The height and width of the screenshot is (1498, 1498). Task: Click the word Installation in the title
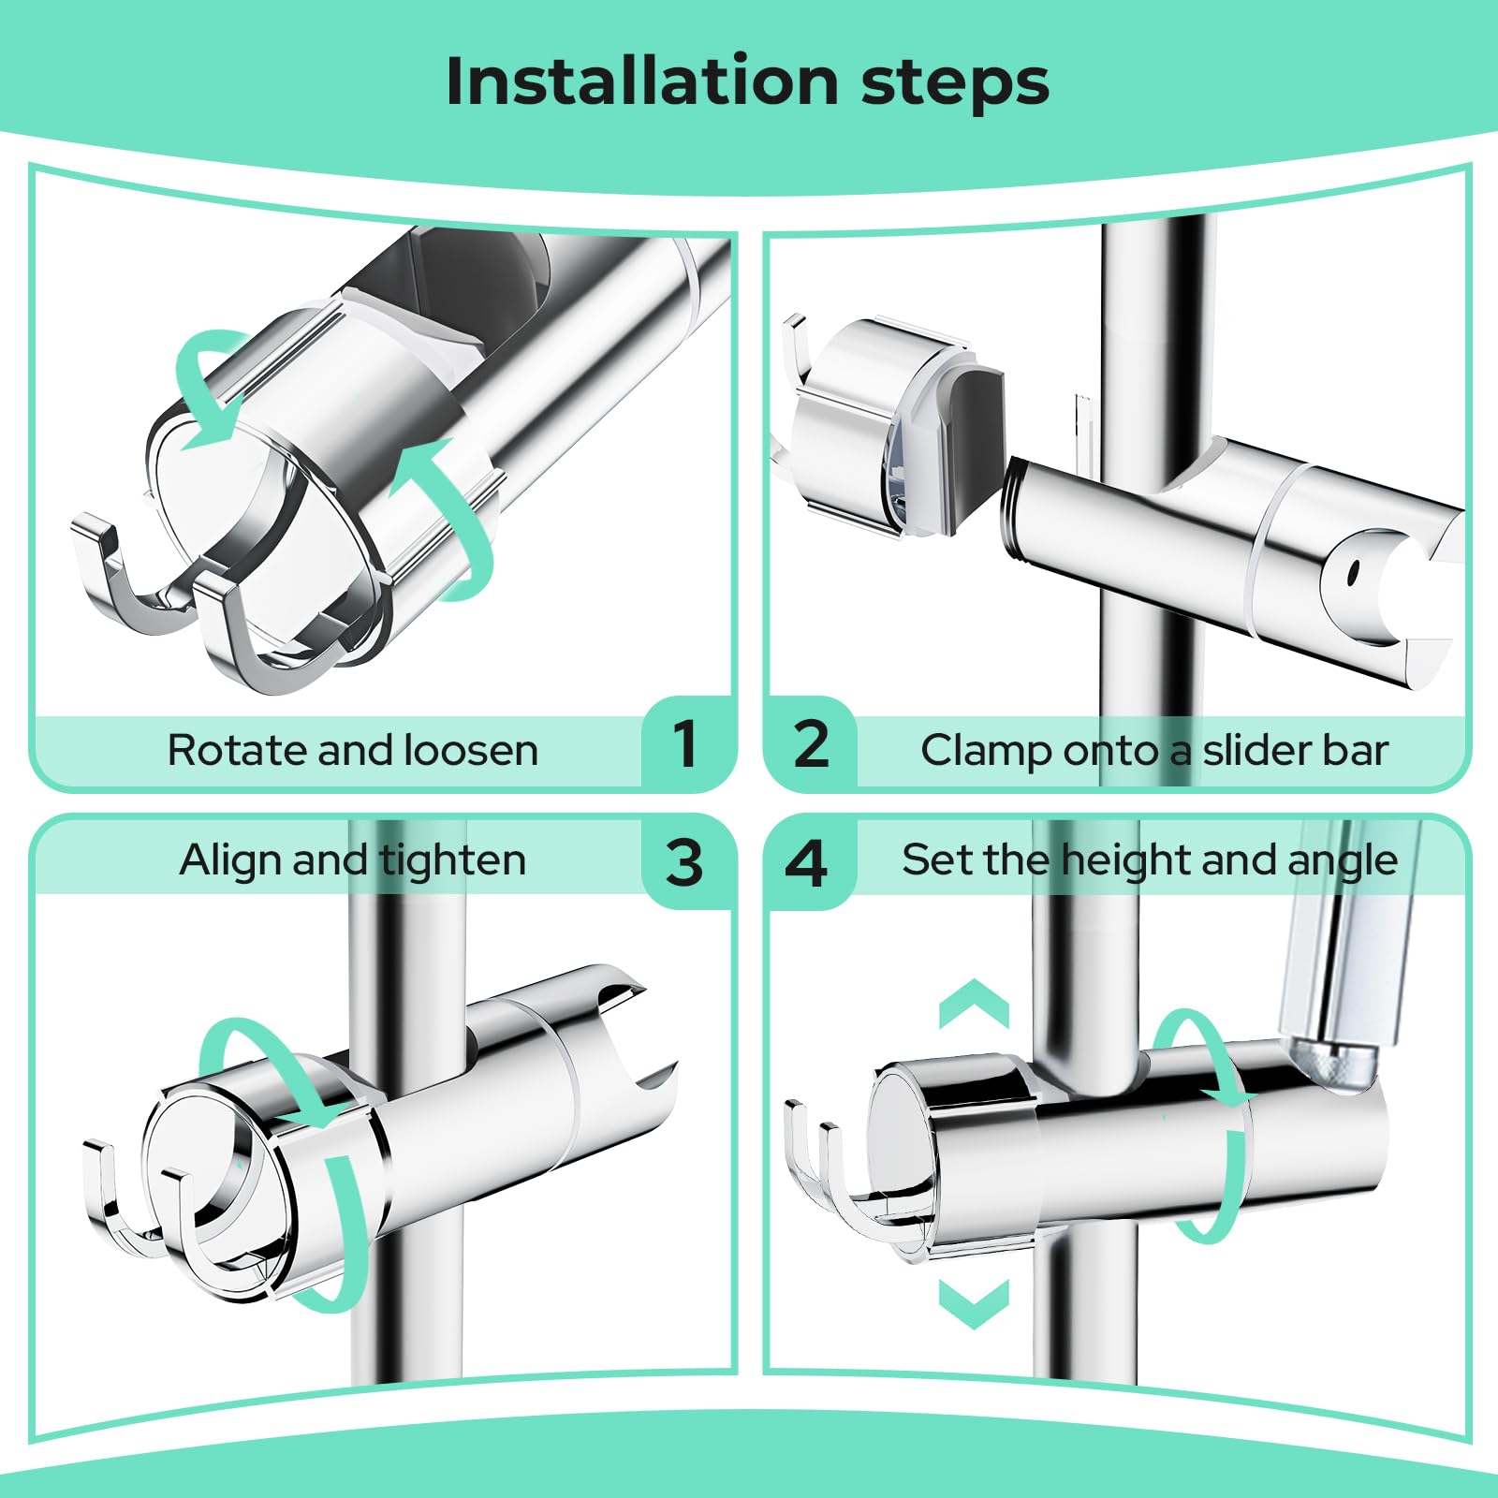click(642, 81)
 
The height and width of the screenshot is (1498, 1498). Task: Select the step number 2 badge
click(811, 743)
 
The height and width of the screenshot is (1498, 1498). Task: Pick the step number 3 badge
click(684, 861)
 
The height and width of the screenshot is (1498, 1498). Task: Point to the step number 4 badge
click(807, 861)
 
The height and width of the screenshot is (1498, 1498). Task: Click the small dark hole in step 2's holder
click(1352, 571)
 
